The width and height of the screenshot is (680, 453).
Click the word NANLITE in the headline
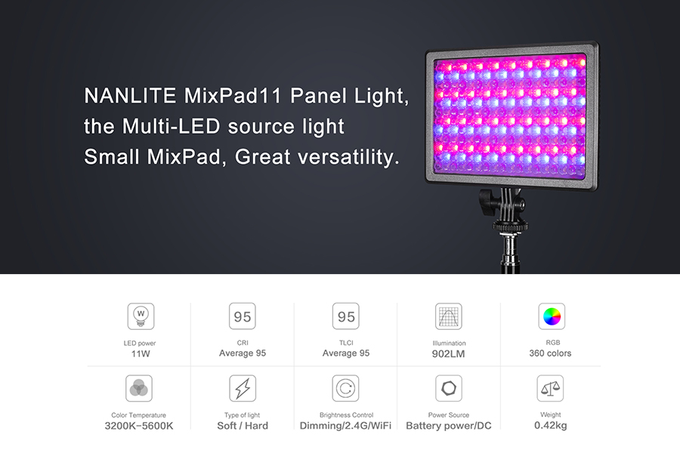pyautogui.click(x=130, y=95)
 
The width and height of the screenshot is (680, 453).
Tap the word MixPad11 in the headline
pyautogui.click(x=233, y=95)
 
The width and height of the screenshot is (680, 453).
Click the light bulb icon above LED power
pyautogui.click(x=141, y=316)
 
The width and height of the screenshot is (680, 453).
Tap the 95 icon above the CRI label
pyautogui.click(x=243, y=316)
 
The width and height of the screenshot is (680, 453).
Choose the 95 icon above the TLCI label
pyautogui.click(x=345, y=316)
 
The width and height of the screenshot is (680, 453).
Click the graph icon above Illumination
pyautogui.click(x=448, y=316)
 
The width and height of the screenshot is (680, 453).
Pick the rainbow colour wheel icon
pyautogui.click(x=552, y=316)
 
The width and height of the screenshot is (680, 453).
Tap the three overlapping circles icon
pyautogui.click(x=139, y=388)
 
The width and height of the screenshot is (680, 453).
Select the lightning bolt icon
pyautogui.click(x=243, y=388)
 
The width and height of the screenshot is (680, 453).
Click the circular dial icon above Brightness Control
pyautogui.click(x=345, y=388)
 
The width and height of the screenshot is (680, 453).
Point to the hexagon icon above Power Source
pyautogui.click(x=448, y=388)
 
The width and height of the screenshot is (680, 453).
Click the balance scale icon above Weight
pyautogui.click(x=550, y=388)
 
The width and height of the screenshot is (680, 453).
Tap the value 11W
pyautogui.click(x=141, y=354)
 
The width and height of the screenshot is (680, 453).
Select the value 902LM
pyautogui.click(x=448, y=354)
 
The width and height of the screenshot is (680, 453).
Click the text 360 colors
pyautogui.click(x=550, y=353)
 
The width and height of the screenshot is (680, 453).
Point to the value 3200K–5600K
pyautogui.click(x=139, y=426)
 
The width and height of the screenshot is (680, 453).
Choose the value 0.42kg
pyautogui.click(x=550, y=425)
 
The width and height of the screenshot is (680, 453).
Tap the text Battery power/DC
pyautogui.click(x=448, y=426)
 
